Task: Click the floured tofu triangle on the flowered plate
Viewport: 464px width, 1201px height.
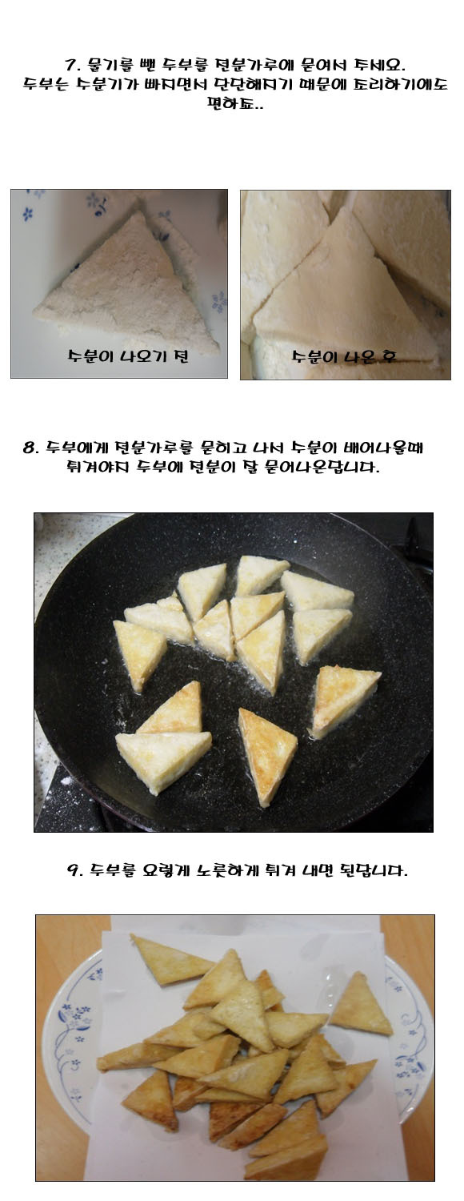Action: [x=126, y=287]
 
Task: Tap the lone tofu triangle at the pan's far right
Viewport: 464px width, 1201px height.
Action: [x=345, y=701]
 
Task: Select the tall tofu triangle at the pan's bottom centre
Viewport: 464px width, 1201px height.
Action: [x=266, y=756]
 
